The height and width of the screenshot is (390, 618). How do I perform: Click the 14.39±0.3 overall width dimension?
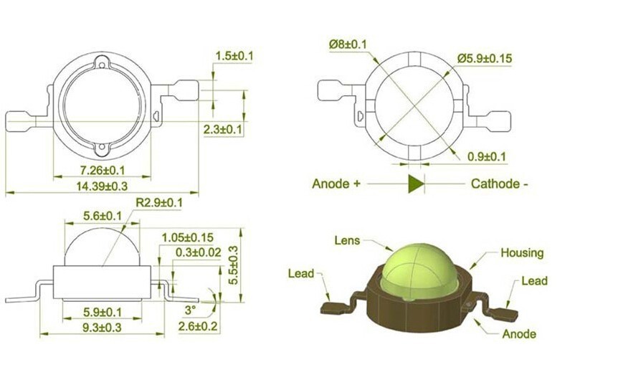102,186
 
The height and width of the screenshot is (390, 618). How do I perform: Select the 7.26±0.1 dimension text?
102,171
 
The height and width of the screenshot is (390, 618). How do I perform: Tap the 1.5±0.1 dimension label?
234,56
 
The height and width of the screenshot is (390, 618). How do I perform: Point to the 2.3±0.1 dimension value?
223,129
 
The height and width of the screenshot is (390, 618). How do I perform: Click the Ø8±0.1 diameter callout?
348,44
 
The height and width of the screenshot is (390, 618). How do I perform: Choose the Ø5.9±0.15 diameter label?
485,58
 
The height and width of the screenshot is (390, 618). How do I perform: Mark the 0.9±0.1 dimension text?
486,156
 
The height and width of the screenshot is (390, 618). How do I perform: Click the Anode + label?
336,184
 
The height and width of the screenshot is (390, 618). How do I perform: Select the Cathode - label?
500,184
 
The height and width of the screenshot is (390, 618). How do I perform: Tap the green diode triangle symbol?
415,184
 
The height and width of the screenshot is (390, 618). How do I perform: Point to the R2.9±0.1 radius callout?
159,202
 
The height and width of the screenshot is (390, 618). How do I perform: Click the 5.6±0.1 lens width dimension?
103,216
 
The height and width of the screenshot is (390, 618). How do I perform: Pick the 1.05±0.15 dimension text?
188,237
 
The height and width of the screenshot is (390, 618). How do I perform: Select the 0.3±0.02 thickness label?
199,252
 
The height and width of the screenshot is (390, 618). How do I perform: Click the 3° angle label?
190,310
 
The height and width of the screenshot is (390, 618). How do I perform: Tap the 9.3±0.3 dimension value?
102,328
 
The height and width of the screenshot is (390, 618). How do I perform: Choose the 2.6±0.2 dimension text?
198,326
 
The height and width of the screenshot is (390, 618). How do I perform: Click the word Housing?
522,252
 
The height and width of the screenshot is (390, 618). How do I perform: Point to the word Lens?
347,240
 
